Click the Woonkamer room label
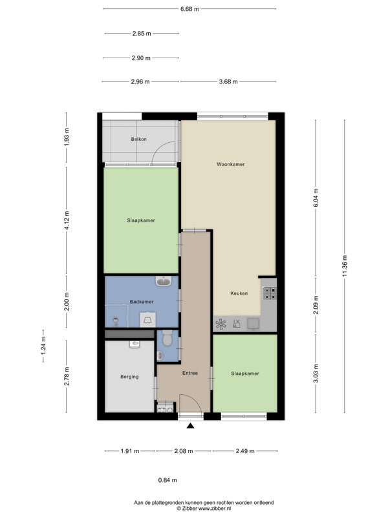click(231, 164)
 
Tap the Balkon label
click(138, 139)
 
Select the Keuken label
click(239, 293)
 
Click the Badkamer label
click(142, 302)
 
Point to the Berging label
click(129, 377)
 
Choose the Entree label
click(190, 374)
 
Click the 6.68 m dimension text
click(189, 9)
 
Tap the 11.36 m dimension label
click(345, 266)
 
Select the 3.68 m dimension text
click(228, 81)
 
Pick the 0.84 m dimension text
click(167, 480)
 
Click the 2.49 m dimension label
click(245, 451)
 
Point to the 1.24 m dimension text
click(43, 346)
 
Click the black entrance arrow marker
click(190, 426)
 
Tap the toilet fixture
click(167, 338)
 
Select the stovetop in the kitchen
click(269, 293)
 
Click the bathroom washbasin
click(164, 281)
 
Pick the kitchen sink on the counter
click(253, 324)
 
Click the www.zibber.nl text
click(215, 509)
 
